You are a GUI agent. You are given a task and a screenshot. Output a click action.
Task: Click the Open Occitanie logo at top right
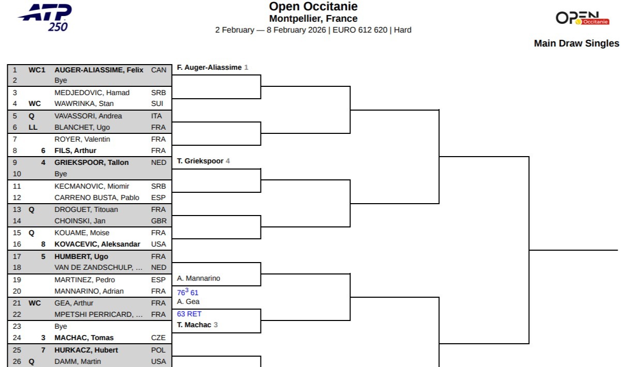(583, 19)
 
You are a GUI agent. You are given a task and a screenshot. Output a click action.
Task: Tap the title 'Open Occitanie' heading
(313, 7)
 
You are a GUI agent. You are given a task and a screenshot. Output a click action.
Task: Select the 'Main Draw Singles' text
(576, 43)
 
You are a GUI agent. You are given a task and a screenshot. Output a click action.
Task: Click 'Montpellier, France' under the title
(313, 19)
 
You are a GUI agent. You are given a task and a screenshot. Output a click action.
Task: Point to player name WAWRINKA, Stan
(84, 104)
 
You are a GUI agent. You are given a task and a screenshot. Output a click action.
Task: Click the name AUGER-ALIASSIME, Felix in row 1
(99, 70)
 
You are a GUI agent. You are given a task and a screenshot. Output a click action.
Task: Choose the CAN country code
(159, 70)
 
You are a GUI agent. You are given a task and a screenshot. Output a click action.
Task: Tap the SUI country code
(157, 104)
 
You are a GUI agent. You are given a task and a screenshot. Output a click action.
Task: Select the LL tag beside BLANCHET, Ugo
(33, 127)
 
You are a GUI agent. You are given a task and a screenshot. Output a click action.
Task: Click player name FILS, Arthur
(75, 151)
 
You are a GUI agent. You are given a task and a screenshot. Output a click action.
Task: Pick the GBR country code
(159, 221)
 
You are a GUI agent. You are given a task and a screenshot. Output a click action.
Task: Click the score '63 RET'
(189, 314)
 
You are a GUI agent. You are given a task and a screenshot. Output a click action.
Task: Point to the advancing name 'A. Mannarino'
(198, 278)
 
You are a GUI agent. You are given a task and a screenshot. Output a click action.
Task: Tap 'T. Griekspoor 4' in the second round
(203, 161)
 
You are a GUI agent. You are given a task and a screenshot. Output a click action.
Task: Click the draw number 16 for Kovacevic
(17, 244)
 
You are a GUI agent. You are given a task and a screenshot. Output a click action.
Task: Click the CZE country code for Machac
(158, 338)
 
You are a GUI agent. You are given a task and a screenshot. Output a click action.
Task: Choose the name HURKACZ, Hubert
(86, 350)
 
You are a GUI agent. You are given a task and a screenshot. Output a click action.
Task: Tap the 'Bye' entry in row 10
(60, 174)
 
